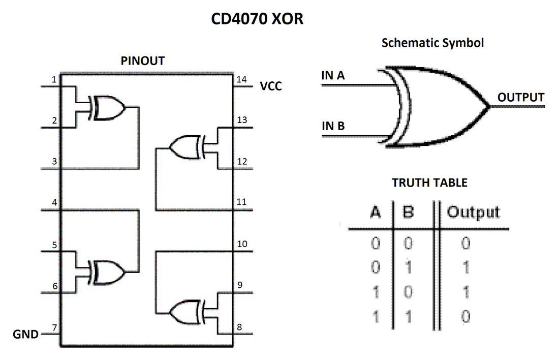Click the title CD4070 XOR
[257, 18]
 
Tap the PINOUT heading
[143, 61]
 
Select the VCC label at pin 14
[270, 86]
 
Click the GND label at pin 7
[26, 334]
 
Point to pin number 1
[54, 79]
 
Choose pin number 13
[242, 120]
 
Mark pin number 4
[54, 202]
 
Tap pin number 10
[242, 244]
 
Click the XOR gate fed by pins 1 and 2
[107, 108]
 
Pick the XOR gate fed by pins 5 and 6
[107, 273]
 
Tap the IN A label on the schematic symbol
[333, 76]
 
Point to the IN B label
[333, 126]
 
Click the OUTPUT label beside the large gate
[521, 98]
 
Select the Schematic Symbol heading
[432, 43]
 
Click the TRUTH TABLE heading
[429, 183]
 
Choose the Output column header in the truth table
[474, 213]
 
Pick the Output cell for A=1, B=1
[465, 316]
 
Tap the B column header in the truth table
[408, 213]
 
